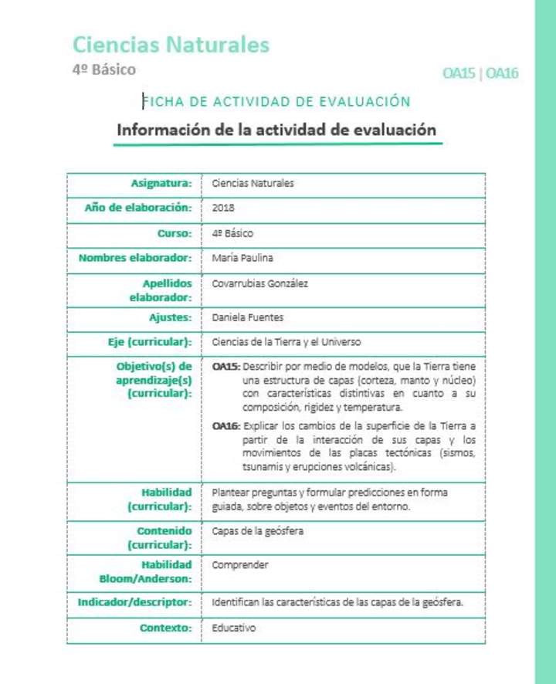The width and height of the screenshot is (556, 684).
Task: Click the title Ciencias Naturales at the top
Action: tap(171, 45)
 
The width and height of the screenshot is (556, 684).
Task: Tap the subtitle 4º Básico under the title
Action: tap(103, 69)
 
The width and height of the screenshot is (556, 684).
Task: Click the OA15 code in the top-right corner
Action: tap(459, 73)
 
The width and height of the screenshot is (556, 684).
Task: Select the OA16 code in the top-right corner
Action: tap(502, 73)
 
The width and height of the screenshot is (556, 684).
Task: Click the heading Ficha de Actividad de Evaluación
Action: tap(276, 101)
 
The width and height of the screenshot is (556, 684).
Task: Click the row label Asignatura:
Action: tap(161, 183)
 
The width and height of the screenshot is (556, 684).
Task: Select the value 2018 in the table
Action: tap(223, 208)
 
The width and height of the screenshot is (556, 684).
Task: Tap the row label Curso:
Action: tap(174, 232)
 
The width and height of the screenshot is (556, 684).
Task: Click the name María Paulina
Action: tap(242, 258)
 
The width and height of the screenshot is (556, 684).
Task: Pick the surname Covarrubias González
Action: tap(259, 283)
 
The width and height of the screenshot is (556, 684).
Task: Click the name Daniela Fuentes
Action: tap(247, 317)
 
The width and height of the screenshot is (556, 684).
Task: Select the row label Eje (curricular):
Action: tap(149, 341)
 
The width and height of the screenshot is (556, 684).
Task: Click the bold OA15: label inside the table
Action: tap(226, 366)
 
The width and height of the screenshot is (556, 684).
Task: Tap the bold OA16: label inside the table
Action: tap(226, 426)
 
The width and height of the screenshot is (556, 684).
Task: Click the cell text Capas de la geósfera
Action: tap(258, 531)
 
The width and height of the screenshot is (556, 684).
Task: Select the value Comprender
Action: tap(240, 565)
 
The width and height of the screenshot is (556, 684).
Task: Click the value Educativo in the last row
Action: tap(233, 628)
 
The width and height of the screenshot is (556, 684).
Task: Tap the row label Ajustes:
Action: tap(170, 317)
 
